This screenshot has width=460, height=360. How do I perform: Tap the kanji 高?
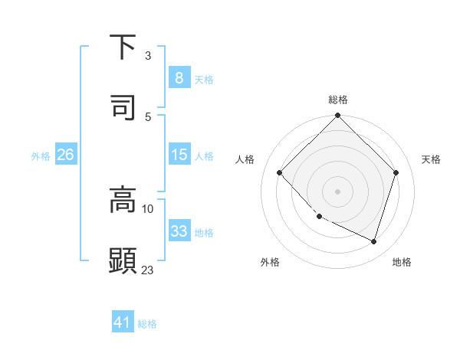[123, 200]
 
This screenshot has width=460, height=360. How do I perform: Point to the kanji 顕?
[123, 260]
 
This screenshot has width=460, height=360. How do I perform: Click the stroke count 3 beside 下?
[148, 56]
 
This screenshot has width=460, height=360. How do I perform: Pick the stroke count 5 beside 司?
[148, 116]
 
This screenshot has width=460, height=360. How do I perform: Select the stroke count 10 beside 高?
[148, 208]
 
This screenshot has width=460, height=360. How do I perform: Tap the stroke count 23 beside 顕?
[148, 270]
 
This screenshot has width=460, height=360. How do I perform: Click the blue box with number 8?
[179, 78]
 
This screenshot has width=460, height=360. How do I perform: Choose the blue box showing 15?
[179, 155]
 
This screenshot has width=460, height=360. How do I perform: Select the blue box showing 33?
[179, 231]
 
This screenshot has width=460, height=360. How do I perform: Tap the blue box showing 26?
[65, 155]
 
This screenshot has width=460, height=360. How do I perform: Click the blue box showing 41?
[123, 323]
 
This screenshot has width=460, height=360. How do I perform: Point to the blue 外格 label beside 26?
[41, 156]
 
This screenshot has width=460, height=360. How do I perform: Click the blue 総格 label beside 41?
[147, 325]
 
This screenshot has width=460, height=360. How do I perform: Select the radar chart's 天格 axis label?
[431, 159]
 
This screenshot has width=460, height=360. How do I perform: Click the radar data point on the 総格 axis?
[337, 116]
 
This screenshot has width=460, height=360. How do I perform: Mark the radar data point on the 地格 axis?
[374, 241]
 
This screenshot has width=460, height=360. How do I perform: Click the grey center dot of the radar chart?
[337, 191]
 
